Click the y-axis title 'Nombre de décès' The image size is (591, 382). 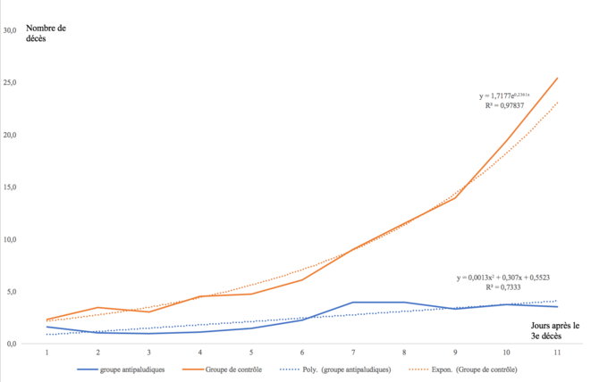46,34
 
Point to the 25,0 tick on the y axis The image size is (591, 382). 11,83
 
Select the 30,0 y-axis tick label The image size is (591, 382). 11,30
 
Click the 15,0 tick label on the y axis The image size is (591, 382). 11,187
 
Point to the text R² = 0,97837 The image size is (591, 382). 506,105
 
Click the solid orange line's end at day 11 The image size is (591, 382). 557,78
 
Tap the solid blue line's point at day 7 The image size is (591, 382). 352,303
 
